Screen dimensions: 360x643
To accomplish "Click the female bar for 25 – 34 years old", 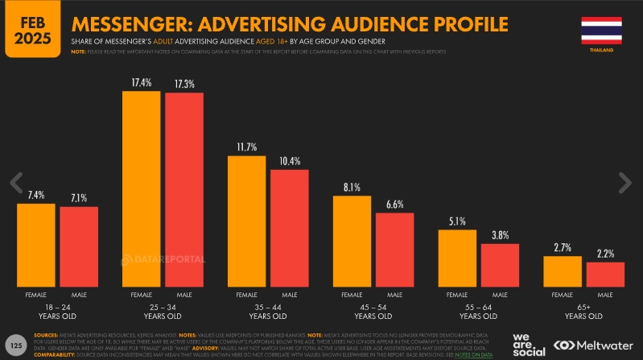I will tap(142, 189).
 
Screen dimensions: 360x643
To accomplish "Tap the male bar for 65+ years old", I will tap(605, 275).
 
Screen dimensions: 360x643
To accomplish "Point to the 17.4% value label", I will tap(142, 82).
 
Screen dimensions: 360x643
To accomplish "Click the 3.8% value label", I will tap(500, 235).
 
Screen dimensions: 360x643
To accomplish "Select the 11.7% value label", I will tap(247, 147).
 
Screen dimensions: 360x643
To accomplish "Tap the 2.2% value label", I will tap(605, 254).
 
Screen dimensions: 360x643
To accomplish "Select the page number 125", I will tap(15, 344).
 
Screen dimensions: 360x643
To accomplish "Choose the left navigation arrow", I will tap(15, 182).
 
